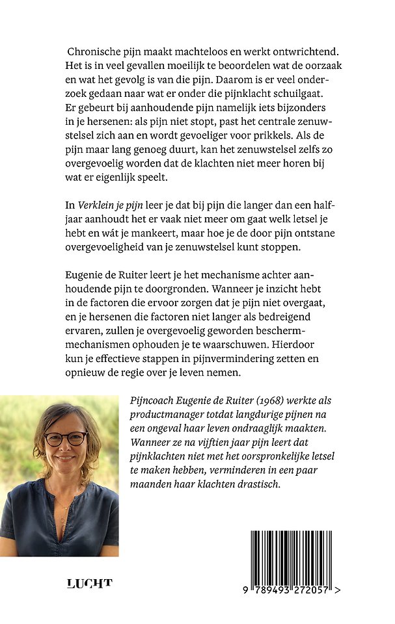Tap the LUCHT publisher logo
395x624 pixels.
pyautogui.click(x=90, y=583)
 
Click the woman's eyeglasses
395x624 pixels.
pyautogui.click(x=65, y=439)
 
